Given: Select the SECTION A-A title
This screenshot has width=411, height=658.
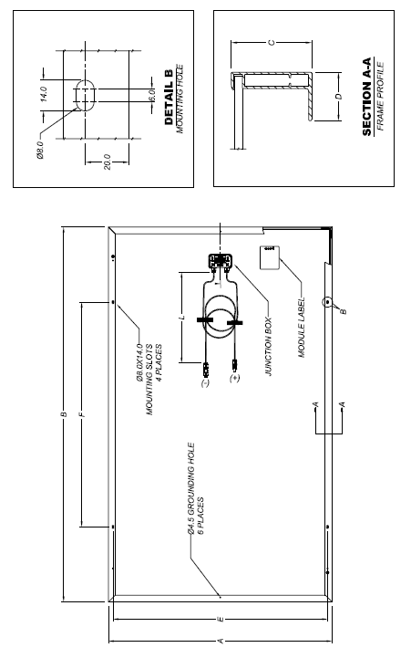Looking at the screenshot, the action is click(x=366, y=97).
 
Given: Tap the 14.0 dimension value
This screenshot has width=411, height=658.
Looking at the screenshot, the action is click(x=43, y=94).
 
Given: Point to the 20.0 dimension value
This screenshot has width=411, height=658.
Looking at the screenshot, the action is click(x=107, y=162).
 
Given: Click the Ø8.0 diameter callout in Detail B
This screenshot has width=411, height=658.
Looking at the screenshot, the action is click(x=40, y=151).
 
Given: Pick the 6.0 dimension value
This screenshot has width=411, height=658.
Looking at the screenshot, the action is click(x=151, y=95).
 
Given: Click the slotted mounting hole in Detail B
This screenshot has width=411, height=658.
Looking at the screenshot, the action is click(x=86, y=95).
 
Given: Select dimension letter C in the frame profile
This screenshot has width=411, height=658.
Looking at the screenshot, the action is click(x=272, y=42).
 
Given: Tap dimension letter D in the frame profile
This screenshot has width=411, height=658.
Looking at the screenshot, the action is click(x=339, y=97).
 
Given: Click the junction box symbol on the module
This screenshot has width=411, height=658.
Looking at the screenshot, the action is click(x=220, y=261).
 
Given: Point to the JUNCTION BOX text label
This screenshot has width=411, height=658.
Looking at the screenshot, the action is click(x=269, y=347).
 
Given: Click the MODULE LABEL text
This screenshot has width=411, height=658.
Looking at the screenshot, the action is click(x=302, y=328).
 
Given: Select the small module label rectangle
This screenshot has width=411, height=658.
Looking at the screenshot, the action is click(x=269, y=257).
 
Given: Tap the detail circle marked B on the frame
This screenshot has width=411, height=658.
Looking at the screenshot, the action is click(x=327, y=302).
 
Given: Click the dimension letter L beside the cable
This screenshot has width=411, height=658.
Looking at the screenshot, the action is click(x=182, y=318).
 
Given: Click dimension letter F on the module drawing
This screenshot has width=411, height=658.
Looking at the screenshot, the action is click(x=83, y=414).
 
